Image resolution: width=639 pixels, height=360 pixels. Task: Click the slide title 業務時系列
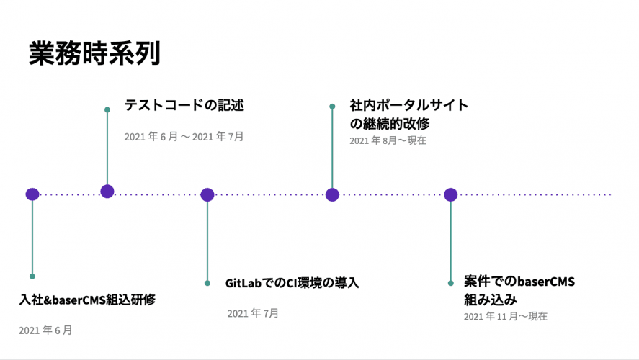coord(94,53)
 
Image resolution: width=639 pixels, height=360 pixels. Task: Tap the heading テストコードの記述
coord(184,105)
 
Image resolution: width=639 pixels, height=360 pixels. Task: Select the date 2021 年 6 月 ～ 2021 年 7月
coord(184,136)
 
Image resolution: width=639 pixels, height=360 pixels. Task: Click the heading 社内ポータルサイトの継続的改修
coord(408,114)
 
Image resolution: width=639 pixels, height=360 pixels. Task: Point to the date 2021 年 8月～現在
coord(388,140)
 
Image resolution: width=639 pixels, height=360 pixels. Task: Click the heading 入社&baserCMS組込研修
coord(87,300)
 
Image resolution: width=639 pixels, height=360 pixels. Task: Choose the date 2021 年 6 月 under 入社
coord(45,330)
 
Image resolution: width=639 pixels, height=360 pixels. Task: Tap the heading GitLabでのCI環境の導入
coord(292,283)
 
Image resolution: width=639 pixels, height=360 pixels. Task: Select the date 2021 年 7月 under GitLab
coord(253,313)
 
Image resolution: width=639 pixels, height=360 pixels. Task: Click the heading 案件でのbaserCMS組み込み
coord(519,290)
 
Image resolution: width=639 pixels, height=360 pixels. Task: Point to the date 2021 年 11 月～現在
coord(505,316)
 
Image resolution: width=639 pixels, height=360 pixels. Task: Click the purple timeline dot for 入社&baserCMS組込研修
coord(32,194)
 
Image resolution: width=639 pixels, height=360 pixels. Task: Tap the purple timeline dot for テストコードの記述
coord(107,191)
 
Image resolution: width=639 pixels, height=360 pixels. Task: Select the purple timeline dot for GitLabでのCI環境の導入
coord(207,194)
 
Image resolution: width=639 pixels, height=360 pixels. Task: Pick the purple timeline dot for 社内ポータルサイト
coord(333,194)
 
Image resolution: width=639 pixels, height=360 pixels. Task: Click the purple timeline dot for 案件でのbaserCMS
coord(451,194)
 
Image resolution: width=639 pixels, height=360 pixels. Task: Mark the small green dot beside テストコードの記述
coord(107,110)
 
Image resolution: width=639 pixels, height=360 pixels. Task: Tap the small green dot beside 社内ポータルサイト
coord(333,107)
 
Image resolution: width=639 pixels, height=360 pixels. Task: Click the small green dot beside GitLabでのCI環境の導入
coord(207,283)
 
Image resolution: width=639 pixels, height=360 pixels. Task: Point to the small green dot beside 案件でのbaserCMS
coord(451,283)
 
